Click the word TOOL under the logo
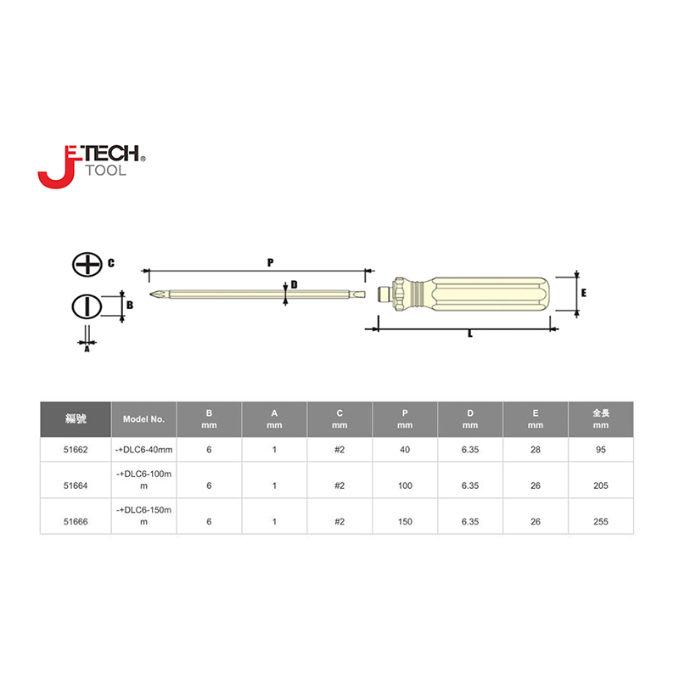[x=106, y=171]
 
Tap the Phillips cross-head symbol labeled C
[x=87, y=264]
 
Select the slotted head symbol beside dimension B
[x=87, y=307]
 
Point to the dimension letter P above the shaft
[x=270, y=262]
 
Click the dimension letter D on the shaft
[x=294, y=284]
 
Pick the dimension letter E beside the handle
[x=584, y=293]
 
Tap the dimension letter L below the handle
[x=470, y=334]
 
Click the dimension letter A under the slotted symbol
[x=87, y=349]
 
